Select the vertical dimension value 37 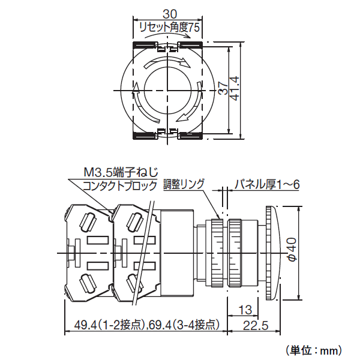(222, 91)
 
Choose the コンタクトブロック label (119, 185)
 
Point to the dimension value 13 (244, 310)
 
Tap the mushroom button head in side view (272, 253)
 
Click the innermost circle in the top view (168, 90)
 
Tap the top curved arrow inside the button (168, 62)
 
